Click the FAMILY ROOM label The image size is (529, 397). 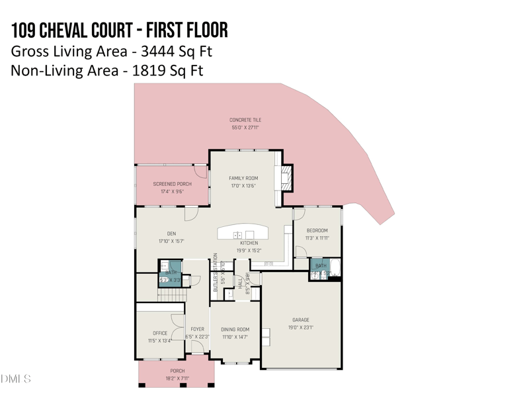[x=243, y=178]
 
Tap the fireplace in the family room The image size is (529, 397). [x=286, y=177]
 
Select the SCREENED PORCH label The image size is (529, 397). [x=172, y=184]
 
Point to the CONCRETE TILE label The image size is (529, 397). [x=245, y=120]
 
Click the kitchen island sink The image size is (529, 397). [x=238, y=235]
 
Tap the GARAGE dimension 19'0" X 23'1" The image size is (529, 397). [x=301, y=328]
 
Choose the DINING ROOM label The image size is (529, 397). [x=235, y=330]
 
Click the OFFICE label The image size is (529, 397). [x=160, y=333]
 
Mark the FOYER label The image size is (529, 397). [x=197, y=329]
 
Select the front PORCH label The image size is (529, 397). [x=177, y=371]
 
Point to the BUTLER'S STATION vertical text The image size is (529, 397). [x=216, y=273]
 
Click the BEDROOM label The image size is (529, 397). [x=317, y=230]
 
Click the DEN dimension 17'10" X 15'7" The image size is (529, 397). [x=171, y=242]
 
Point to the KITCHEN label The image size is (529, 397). [x=249, y=243]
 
